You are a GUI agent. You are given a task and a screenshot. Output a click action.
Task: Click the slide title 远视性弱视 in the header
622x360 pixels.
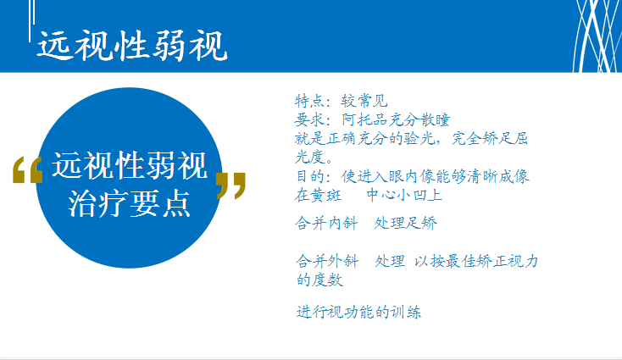pyautogui.click(x=132, y=46)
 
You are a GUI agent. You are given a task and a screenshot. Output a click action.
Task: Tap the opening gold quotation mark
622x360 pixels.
pyautogui.click(x=27, y=169)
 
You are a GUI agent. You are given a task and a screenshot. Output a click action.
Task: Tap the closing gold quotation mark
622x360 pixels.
pyautogui.click(x=230, y=186)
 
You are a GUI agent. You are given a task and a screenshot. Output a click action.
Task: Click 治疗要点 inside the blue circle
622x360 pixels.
pyautogui.click(x=130, y=203)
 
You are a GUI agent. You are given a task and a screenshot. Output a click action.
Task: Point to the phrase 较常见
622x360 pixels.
pyautogui.click(x=364, y=101)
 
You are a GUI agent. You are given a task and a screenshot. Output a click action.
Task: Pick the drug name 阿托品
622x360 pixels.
pyautogui.click(x=364, y=119)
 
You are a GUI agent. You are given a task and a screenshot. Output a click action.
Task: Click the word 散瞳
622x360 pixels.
pyautogui.click(x=435, y=119)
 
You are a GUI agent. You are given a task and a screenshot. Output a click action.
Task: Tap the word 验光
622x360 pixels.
pyautogui.click(x=419, y=138)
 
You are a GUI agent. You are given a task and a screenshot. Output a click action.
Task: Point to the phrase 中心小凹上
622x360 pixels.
pyautogui.click(x=404, y=195)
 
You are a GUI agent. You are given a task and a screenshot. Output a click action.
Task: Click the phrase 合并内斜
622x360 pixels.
pyautogui.click(x=326, y=223)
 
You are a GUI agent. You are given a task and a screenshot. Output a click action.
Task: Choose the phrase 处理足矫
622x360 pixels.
pyautogui.click(x=405, y=223)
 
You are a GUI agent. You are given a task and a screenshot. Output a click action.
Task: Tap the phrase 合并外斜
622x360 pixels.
pyautogui.click(x=327, y=261)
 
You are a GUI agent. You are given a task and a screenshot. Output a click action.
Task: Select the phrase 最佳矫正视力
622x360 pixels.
pyautogui.click(x=491, y=261)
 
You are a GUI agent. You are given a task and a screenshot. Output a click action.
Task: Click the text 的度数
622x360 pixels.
pyautogui.click(x=319, y=280)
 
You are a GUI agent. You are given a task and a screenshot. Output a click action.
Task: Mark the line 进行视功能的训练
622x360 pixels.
pyautogui.click(x=358, y=312)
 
